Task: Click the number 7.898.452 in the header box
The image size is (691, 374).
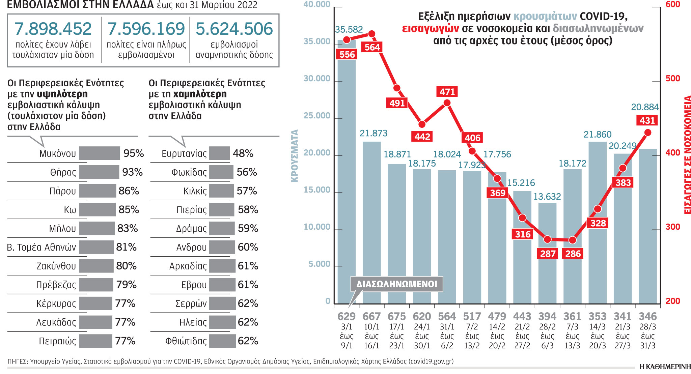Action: pos(53,29)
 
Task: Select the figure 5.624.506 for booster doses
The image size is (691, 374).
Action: pos(234,29)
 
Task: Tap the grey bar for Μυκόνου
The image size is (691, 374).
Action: pos(99,153)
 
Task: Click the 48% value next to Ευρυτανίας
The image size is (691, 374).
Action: pos(243,153)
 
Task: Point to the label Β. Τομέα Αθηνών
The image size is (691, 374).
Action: pos(42,248)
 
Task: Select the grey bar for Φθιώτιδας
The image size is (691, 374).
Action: pos(222,341)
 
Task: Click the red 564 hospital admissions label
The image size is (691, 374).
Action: pos(372,47)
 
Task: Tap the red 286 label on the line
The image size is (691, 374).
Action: pos(573,254)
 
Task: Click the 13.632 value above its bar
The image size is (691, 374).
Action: pos(547,197)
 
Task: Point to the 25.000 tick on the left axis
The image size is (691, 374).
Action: pos(317,116)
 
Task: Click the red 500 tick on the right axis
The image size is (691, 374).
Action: pos(673,79)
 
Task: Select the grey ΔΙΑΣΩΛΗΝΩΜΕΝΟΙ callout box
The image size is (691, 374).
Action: pos(397,284)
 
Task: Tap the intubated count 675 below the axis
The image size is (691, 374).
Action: pos(396,316)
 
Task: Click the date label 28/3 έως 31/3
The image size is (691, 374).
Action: pos(647,336)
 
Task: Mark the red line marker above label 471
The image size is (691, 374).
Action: pos(447,103)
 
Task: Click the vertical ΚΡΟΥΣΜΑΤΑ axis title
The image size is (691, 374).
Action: pos(295,156)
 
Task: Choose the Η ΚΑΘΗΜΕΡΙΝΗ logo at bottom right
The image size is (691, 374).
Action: pos(665,367)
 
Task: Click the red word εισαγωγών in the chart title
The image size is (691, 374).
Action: pos(430,29)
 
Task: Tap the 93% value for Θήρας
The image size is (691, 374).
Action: pos(132,172)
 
